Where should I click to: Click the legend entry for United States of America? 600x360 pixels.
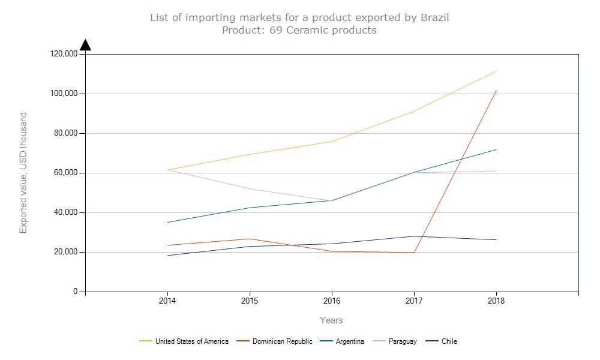(191, 341)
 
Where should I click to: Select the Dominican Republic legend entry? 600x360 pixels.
(282, 341)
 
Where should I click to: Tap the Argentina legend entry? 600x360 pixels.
(350, 341)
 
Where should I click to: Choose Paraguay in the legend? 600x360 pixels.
(402, 341)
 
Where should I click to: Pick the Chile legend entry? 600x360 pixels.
(449, 341)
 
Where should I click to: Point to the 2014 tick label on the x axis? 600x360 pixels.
(167, 301)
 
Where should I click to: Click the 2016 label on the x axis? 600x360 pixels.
(332, 301)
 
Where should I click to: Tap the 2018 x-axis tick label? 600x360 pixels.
(496, 301)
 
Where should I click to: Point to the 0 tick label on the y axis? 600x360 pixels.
(76, 292)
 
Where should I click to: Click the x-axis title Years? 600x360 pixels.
(331, 320)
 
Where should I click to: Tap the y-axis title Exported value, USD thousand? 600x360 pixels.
(24, 173)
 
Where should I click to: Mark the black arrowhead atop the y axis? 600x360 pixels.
(85, 45)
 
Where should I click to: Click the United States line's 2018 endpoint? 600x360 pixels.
(496, 71)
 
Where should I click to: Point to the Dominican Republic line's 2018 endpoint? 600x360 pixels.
(496, 91)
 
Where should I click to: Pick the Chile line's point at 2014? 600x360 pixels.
(167, 256)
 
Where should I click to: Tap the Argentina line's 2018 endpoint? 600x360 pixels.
(496, 149)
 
